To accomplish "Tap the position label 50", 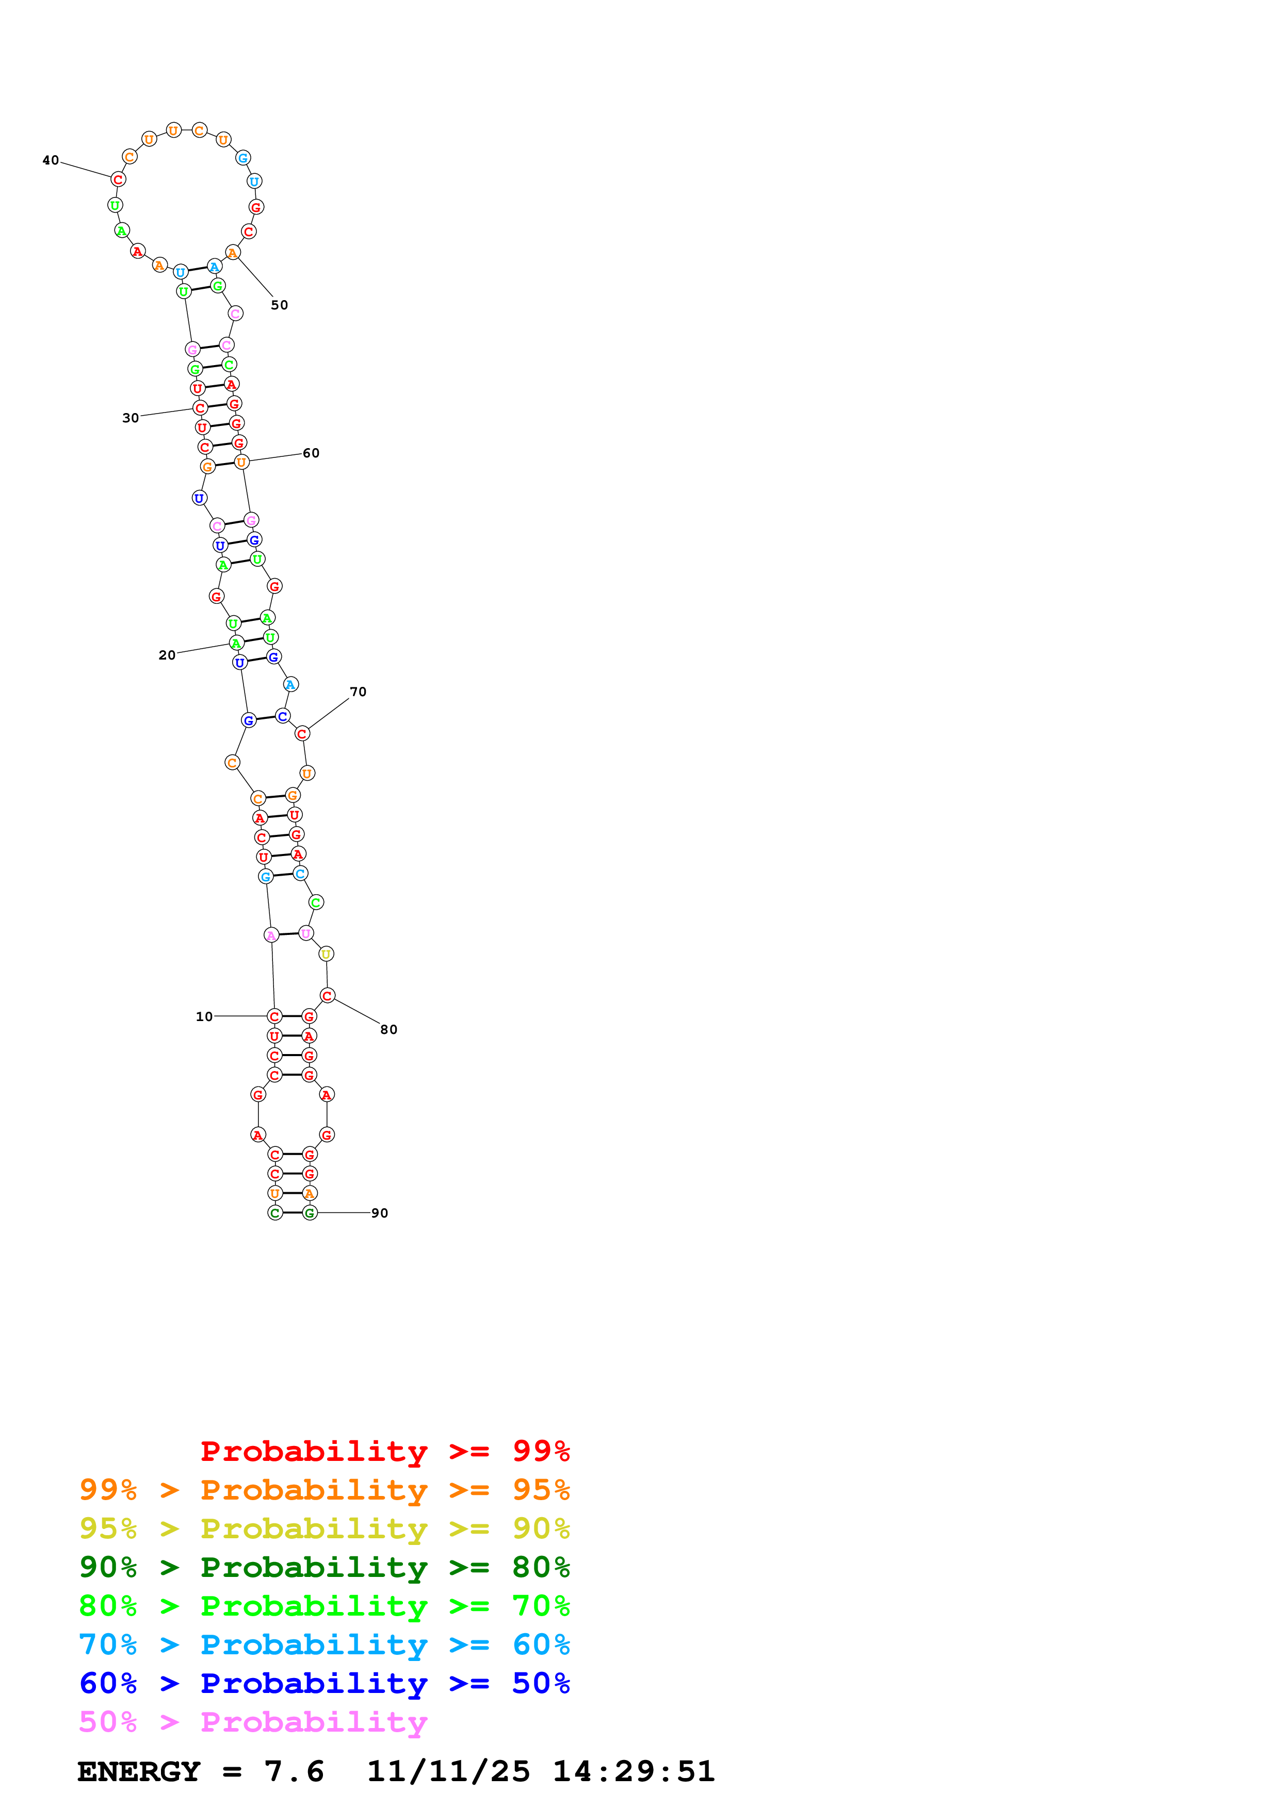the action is [x=279, y=305].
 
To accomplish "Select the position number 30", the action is [x=130, y=418].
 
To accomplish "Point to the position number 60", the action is [x=311, y=453].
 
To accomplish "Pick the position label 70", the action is [x=358, y=692].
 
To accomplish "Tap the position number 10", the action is [x=204, y=1016].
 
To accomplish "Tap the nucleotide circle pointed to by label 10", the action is [x=274, y=1016].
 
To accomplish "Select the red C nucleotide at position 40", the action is [x=118, y=179].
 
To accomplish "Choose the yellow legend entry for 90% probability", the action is [x=324, y=1528].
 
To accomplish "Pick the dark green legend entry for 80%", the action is [x=324, y=1567].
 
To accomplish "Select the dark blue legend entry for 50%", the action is [x=324, y=1683].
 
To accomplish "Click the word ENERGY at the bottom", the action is [x=139, y=1771].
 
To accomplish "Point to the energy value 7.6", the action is [x=294, y=1771].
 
